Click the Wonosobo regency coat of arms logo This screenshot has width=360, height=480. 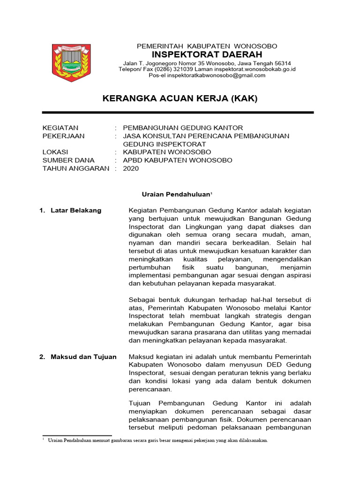coord(71,63)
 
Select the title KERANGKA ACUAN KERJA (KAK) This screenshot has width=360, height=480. coord(180,99)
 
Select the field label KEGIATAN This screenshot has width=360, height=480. coord(60,127)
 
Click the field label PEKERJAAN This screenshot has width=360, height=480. coord(63,136)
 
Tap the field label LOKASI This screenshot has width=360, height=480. coord(55,152)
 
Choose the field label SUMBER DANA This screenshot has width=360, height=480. coord(68,160)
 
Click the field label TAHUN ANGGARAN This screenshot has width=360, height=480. coord(75,169)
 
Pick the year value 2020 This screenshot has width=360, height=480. coord(131,169)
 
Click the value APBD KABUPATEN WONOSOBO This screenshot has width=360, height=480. coord(177,160)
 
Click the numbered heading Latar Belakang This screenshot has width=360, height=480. coord(76,210)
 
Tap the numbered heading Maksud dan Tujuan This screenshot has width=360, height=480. coord(83,357)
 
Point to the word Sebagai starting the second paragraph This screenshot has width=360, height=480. coord(143,300)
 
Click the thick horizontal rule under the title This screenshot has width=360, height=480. coord(178,112)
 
